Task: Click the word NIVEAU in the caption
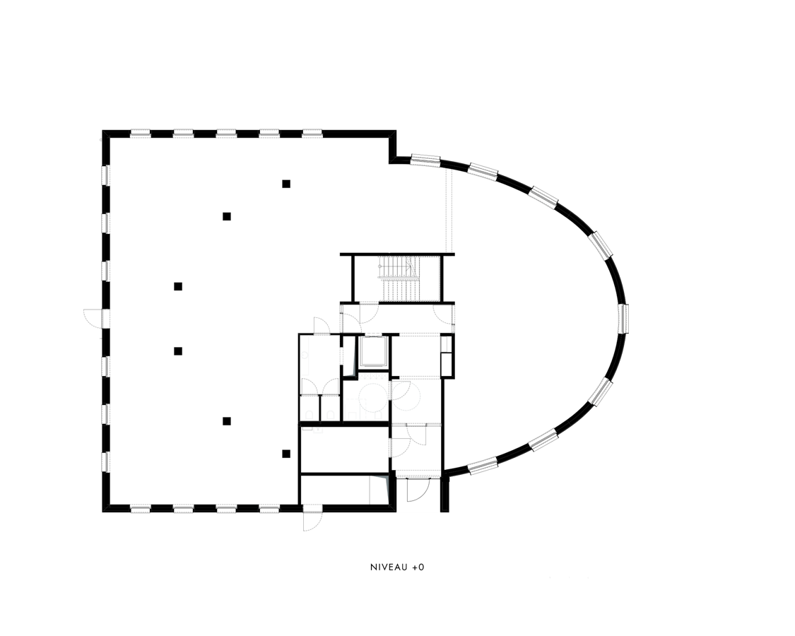[x=389, y=567]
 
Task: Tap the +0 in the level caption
[x=418, y=567]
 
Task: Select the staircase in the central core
[x=400, y=278]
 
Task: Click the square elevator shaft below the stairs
[x=372, y=351]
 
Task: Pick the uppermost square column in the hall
[x=286, y=184]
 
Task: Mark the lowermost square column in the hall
[x=286, y=454]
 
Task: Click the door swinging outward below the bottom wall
[x=312, y=521]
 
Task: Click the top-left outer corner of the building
[x=102, y=130]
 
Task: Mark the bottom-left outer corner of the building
[x=102, y=512]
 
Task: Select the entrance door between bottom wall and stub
[x=418, y=490]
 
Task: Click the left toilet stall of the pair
[x=310, y=408]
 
